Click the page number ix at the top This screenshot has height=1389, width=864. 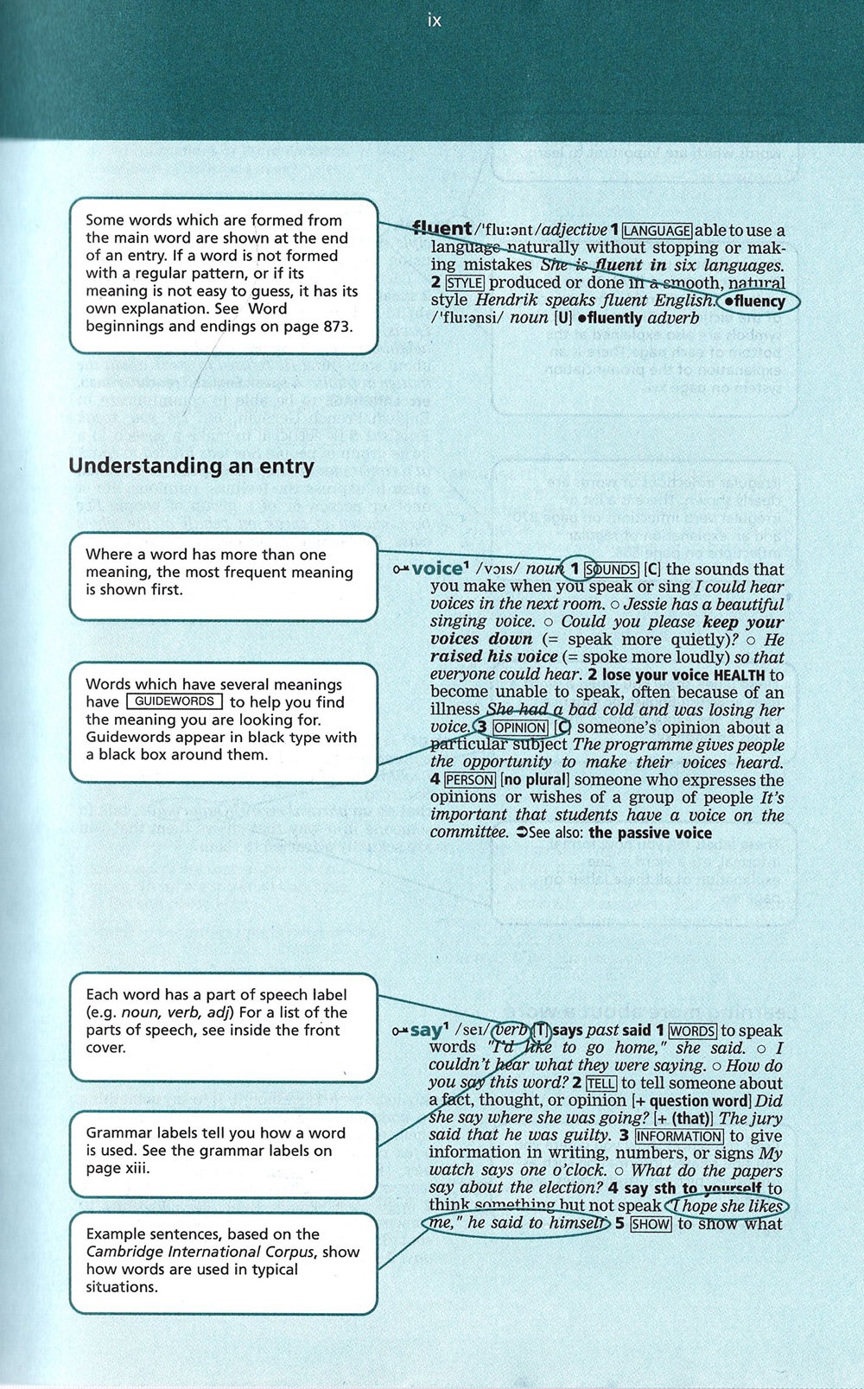pos(434,20)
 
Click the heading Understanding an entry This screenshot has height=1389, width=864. pos(191,466)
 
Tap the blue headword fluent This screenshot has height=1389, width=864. pos(442,228)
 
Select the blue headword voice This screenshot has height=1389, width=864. pos(437,568)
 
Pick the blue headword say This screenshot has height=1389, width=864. pos(426,1030)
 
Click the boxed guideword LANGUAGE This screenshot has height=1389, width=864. pos(658,231)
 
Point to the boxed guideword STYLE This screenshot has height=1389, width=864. pos(465,282)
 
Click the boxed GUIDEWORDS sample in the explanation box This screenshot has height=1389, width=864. pos(174,701)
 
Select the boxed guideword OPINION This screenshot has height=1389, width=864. pos(520,727)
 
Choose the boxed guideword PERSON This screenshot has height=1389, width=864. pos(469,780)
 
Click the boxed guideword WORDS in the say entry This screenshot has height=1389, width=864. pos(692,1031)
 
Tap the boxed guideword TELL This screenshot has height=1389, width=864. pos(601,1083)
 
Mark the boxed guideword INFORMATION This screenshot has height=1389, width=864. pos(679,1136)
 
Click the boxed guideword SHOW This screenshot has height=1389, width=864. pos(651,1224)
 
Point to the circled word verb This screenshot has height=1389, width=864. pos(510,1030)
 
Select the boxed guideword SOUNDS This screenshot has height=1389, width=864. pos(612,569)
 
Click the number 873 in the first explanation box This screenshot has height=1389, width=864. pos(336,327)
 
